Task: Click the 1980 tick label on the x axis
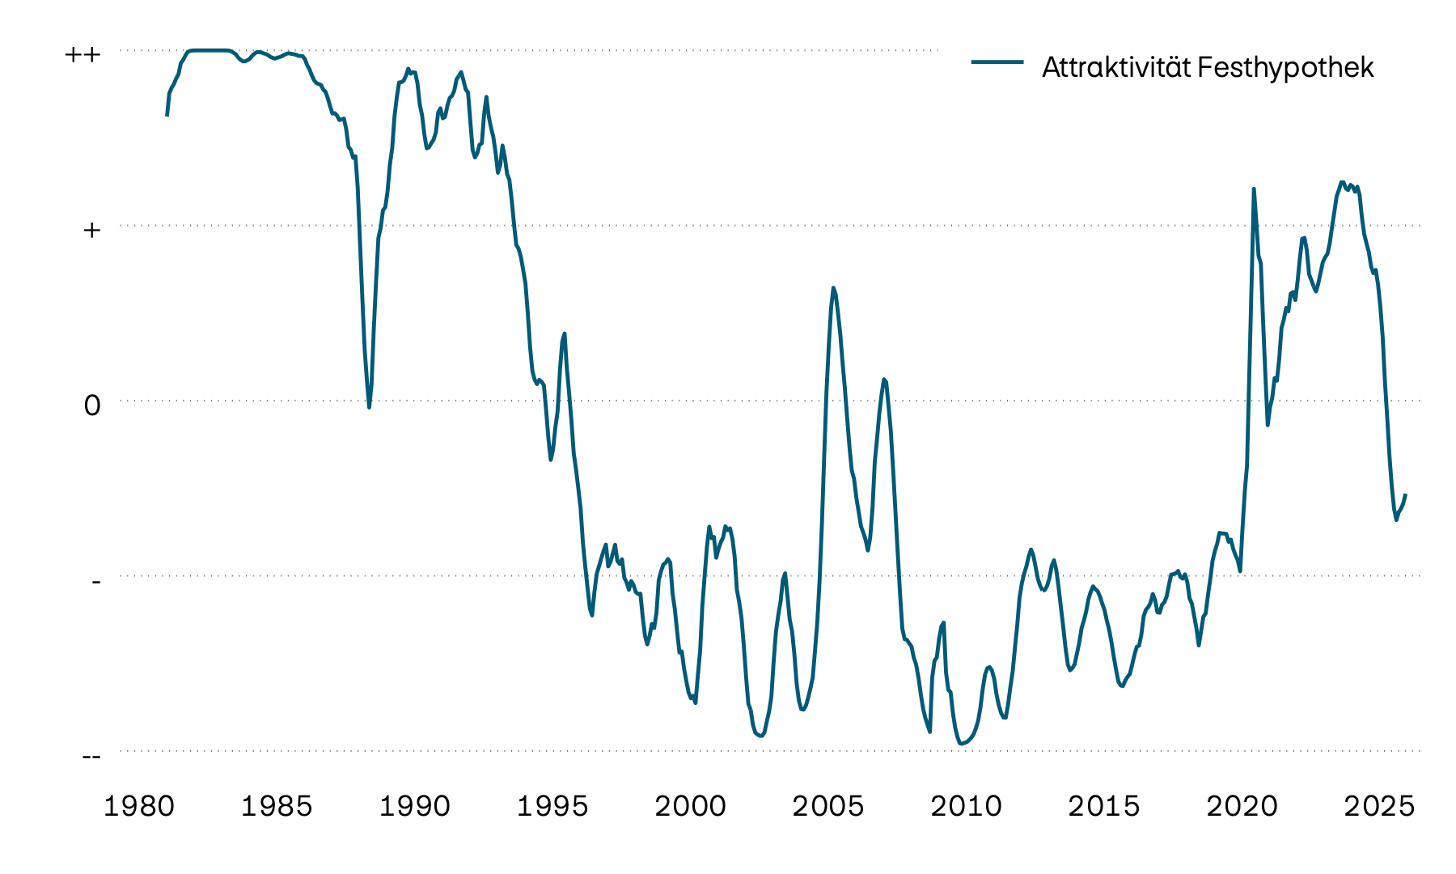(x=139, y=807)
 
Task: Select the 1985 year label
(x=277, y=807)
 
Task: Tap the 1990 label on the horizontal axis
(x=415, y=807)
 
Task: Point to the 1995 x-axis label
(x=552, y=807)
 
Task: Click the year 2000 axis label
(x=690, y=807)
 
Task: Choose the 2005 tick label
(x=828, y=807)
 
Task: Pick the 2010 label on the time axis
(x=966, y=807)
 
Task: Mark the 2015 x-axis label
(x=1104, y=807)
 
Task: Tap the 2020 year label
(x=1242, y=807)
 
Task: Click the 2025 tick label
(x=1379, y=807)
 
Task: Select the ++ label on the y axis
(x=83, y=55)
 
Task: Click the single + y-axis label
(x=92, y=230)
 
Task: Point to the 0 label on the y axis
(x=92, y=405)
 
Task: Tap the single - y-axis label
(x=95, y=580)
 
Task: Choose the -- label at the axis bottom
(x=91, y=756)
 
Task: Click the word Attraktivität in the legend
(x=1115, y=67)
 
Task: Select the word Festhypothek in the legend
(x=1285, y=68)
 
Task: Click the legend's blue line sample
(x=997, y=62)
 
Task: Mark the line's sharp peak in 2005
(x=833, y=287)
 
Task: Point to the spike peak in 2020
(x=1254, y=189)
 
